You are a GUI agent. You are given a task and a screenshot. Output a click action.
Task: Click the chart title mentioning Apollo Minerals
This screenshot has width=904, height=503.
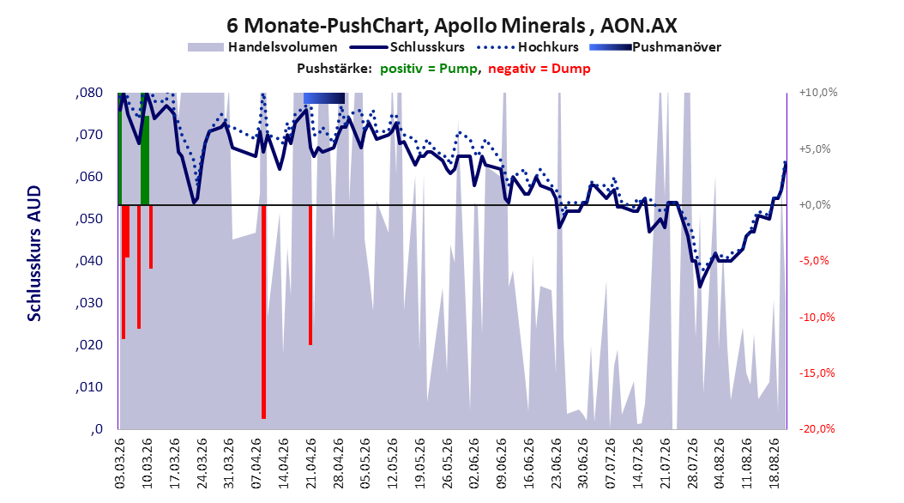(452, 26)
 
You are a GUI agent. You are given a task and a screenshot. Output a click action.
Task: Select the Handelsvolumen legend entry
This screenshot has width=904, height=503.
(263, 47)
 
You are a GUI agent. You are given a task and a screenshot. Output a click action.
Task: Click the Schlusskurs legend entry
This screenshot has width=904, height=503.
(407, 47)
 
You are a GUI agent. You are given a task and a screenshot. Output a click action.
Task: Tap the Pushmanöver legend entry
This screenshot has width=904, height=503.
(655, 47)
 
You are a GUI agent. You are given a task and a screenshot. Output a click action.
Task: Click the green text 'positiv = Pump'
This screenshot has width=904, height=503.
(429, 69)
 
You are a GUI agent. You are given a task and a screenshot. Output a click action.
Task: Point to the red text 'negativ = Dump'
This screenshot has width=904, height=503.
(539, 69)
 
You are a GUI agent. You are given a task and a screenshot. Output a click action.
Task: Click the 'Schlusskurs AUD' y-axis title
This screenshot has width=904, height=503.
(34, 253)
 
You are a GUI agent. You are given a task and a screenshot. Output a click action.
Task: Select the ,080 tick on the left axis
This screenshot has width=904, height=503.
(89, 93)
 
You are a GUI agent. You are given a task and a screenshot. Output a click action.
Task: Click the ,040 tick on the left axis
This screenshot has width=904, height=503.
(89, 261)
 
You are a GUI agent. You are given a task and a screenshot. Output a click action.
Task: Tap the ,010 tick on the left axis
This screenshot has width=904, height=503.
(89, 387)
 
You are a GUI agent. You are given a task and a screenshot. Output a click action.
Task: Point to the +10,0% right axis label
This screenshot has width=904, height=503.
(818, 93)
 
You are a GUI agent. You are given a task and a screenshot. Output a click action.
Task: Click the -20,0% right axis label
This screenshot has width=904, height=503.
(817, 428)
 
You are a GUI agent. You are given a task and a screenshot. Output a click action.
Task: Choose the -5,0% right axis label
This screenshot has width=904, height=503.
(814, 261)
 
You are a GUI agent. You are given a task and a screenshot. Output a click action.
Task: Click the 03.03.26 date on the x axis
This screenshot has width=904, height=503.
(120, 464)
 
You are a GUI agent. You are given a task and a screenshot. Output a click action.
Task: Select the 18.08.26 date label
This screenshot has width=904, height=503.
(775, 464)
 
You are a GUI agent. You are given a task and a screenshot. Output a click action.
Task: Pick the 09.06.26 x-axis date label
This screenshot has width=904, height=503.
(502, 464)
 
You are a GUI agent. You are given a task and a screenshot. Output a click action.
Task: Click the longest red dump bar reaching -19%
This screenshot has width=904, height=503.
(263, 312)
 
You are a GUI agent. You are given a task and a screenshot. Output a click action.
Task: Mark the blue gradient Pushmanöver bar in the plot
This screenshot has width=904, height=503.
(324, 98)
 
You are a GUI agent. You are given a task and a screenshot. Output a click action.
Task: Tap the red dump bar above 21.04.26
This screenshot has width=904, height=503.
(310, 276)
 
